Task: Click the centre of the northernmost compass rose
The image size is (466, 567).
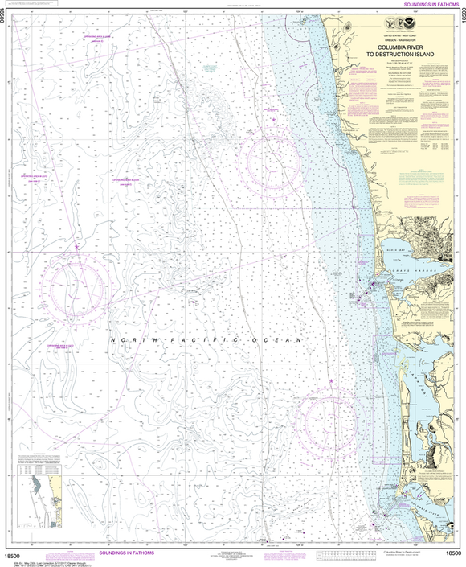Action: [x=274, y=161]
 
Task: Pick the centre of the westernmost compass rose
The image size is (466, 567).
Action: [x=77, y=286]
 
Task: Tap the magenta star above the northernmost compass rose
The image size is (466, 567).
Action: [x=274, y=120]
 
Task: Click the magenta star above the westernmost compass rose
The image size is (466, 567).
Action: [x=77, y=245]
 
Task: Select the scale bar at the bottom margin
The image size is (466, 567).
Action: [x=345, y=553]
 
